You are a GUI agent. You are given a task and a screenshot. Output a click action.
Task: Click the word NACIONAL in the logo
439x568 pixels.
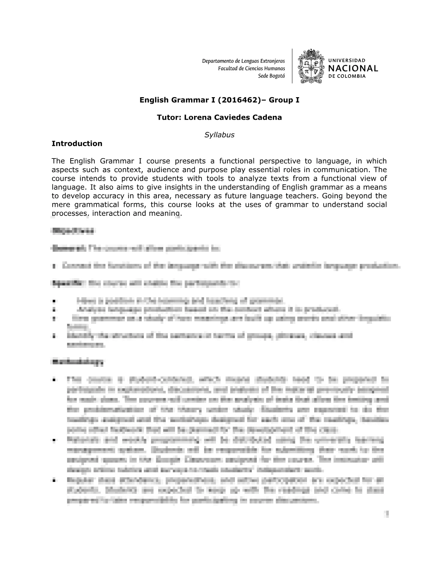[353, 68]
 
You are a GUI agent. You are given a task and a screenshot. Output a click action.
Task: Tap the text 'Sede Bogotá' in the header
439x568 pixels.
[272, 76]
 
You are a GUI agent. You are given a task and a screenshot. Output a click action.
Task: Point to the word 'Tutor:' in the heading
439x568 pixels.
[169, 117]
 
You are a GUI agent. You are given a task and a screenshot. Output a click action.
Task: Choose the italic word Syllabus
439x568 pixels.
[219, 135]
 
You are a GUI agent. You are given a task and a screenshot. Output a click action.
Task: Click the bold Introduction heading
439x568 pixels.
[77, 143]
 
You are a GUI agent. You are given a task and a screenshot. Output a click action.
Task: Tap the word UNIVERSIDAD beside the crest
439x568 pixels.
[347, 61]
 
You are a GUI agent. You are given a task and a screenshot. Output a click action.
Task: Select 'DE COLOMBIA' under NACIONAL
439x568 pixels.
[347, 76]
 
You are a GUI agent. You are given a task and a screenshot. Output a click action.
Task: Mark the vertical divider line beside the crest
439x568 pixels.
[292, 66]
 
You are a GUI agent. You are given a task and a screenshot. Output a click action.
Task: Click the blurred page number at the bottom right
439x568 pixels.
[387, 514]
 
